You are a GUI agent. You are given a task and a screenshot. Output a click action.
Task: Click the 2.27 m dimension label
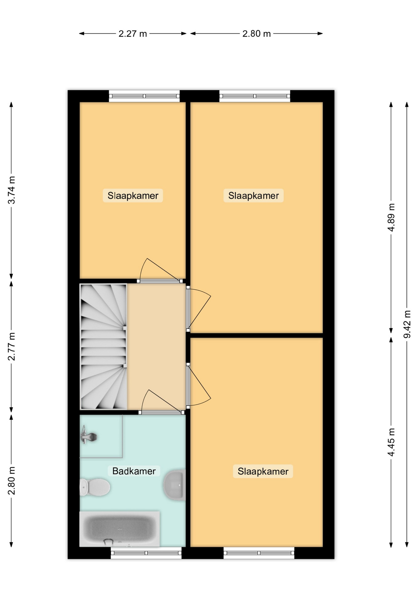[x=133, y=34]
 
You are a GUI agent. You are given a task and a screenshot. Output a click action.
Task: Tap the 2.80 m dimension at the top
[x=256, y=34]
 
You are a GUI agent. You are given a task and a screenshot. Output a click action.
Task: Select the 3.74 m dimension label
[x=11, y=190]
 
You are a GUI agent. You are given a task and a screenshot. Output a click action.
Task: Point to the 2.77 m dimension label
[x=11, y=347]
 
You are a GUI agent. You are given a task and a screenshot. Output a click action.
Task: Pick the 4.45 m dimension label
[x=391, y=442]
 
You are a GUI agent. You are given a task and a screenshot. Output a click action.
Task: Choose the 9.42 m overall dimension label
[x=407, y=324]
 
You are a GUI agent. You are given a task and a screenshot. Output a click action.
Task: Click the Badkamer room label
[x=134, y=471]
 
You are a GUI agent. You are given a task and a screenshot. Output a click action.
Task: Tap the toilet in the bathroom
[x=95, y=487]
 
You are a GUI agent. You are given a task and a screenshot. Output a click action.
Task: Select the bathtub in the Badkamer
[x=119, y=529]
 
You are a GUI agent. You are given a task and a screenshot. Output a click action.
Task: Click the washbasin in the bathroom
[x=175, y=485]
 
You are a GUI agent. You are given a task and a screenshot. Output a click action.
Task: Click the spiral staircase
[x=103, y=347]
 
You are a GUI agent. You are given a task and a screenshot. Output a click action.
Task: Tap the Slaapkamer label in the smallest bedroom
[x=133, y=195]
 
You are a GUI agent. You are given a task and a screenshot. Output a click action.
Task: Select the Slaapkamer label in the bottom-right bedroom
[x=263, y=471]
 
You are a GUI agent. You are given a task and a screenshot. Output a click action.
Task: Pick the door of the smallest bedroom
[x=160, y=270]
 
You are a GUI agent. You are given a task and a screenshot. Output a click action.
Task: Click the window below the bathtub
[x=146, y=553]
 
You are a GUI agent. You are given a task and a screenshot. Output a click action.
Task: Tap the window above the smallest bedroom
[x=144, y=96]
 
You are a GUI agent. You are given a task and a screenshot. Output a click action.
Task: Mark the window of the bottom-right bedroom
[x=259, y=553]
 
